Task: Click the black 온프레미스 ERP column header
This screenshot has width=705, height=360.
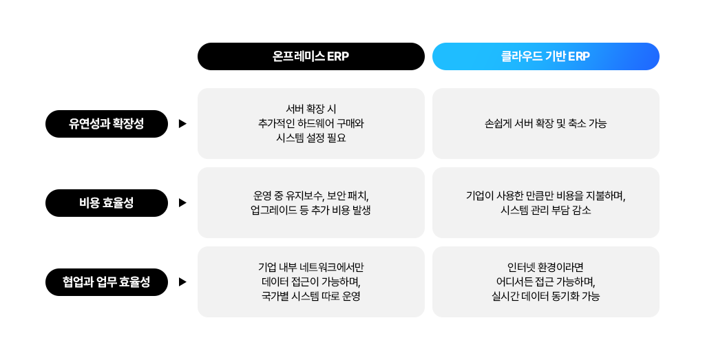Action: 311,56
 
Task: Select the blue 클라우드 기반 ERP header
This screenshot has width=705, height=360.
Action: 545,56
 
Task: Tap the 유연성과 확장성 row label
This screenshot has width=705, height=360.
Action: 107,124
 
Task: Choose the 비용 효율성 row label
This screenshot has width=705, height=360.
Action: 107,203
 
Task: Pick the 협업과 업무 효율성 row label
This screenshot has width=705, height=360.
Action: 107,282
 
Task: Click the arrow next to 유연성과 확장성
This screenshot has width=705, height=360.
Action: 182,124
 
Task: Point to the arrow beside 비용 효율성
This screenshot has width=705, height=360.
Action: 182,203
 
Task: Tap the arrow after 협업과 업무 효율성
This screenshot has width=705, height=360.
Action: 182,282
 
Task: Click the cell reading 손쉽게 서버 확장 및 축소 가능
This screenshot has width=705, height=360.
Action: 545,124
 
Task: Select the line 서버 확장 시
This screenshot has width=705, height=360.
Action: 311,109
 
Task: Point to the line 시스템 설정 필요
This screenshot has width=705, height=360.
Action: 311,138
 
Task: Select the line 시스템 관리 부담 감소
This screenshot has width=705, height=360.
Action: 545,211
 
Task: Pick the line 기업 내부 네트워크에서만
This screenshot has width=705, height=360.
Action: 311,267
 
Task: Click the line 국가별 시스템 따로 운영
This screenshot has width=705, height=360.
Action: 311,297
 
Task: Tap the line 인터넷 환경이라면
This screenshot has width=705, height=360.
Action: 545,267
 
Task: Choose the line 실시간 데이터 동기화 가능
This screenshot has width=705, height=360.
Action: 545,297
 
